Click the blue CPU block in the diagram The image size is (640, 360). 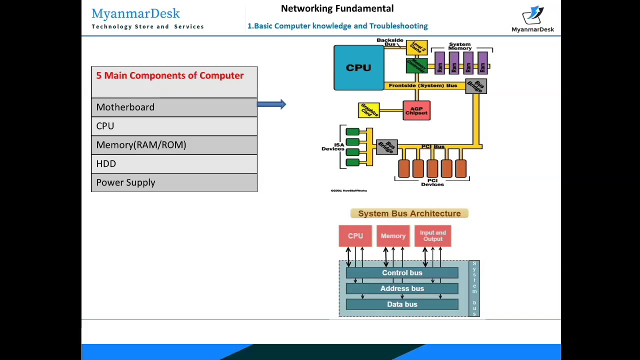358,67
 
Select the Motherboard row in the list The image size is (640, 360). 174,107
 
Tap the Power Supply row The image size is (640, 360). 174,182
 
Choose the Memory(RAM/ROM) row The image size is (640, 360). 174,145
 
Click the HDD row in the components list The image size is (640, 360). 174,163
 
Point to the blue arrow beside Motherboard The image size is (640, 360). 271,104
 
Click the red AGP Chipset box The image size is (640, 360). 416,110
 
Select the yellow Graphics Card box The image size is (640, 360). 369,110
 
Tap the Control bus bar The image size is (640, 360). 402,273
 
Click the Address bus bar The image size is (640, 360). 402,288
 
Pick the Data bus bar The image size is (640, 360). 402,304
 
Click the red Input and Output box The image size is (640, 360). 432,236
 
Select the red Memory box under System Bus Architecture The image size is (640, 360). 393,236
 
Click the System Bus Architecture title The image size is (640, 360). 409,213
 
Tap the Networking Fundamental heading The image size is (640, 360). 337,8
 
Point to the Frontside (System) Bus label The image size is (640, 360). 422,85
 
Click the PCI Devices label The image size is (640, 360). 432,182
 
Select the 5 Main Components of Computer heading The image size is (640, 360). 170,75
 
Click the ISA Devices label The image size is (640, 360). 332,147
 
